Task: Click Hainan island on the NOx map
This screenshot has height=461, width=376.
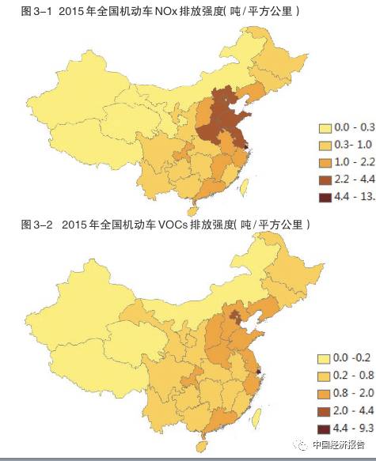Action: pos(189,211)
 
